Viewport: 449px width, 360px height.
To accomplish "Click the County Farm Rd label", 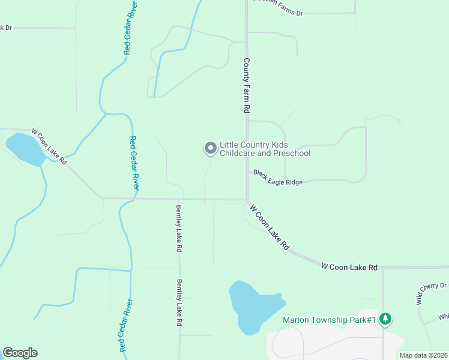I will tap(246, 85).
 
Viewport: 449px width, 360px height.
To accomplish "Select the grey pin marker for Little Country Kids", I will tap(210, 148).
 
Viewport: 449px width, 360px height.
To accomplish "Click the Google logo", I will tap(20, 352).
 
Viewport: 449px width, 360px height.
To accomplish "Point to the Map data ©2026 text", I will tap(424, 355).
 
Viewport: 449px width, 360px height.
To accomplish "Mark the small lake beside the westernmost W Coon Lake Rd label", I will tap(25, 149).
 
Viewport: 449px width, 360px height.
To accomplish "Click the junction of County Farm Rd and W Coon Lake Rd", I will tap(246, 200).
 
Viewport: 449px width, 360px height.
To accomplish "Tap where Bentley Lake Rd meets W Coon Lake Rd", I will tap(179, 199).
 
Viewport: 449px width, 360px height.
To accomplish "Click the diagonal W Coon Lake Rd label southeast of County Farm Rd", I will tap(270, 227).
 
